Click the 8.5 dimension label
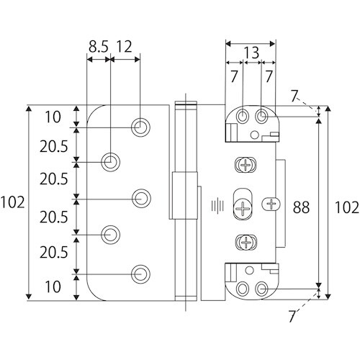[99, 47]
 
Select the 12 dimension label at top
[125, 47]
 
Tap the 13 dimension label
[251, 53]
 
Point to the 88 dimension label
[301, 207]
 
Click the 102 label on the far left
[12, 202]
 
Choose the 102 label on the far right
[347, 207]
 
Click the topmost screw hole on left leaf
[140, 127]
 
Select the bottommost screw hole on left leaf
[140, 274]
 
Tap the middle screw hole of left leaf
[141, 199]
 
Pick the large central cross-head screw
[243, 207]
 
